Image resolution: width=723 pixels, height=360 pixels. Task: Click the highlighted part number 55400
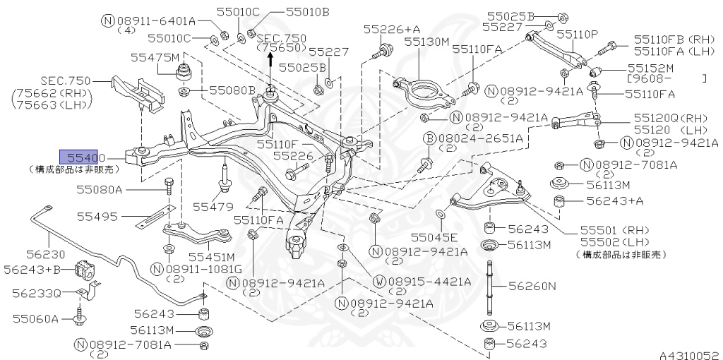[83, 157]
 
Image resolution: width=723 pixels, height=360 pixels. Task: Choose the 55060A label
[35, 318]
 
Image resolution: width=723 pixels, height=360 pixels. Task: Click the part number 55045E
[434, 236]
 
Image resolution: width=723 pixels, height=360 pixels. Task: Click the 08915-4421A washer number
[429, 281]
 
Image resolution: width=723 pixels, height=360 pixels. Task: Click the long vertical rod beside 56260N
[486, 289]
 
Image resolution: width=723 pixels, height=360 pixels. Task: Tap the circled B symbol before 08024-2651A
[429, 139]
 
